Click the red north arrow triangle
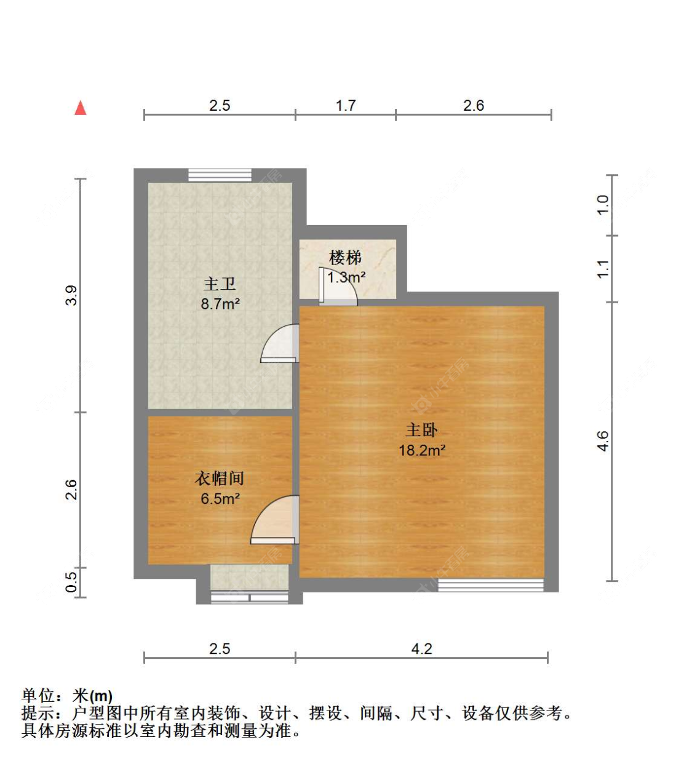81,108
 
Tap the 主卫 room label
220,284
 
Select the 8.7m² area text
220,304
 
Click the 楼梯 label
345,258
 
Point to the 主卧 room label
421,430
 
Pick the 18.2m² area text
422,450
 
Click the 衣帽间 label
220,478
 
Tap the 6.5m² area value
220,498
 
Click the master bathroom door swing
280,343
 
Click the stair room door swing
338,286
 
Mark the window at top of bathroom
220,175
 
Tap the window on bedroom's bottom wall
490,585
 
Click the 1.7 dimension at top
346,106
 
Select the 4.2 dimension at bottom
421,649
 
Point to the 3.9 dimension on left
71,295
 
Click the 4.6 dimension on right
603,441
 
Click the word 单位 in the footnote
38,696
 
